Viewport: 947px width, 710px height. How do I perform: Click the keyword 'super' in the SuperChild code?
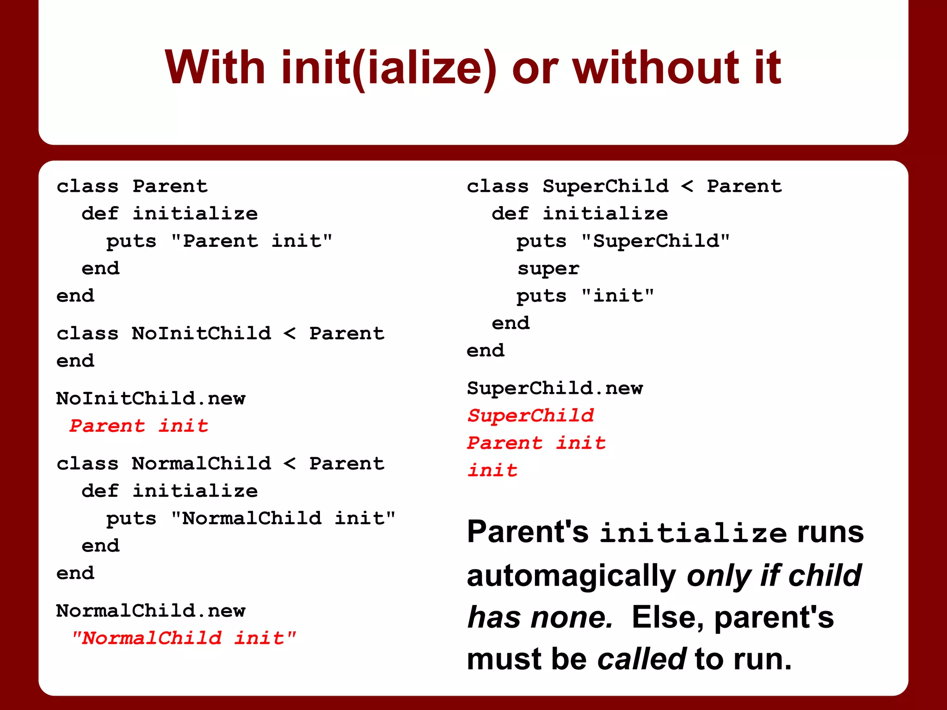548,269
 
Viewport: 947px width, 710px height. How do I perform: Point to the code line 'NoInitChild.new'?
151,398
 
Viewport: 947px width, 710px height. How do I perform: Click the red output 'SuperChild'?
530,416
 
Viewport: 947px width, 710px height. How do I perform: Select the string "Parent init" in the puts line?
252,241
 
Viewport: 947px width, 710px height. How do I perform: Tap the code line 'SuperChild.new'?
554,388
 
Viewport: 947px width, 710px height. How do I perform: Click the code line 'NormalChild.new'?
151,611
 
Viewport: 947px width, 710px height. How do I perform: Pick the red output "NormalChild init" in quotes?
184,638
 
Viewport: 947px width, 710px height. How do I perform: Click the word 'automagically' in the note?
572,576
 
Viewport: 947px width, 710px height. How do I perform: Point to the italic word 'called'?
641,659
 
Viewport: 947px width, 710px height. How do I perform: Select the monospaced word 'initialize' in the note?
693,533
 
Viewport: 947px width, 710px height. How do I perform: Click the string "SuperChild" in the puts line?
655,241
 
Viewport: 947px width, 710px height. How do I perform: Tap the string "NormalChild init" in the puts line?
283,518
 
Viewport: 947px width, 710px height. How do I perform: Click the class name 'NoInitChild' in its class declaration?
201,333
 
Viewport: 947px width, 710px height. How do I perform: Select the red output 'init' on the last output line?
492,471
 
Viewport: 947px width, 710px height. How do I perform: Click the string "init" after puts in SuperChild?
617,296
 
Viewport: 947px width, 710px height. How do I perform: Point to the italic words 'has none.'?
540,617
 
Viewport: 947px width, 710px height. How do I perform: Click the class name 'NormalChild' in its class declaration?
201,464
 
